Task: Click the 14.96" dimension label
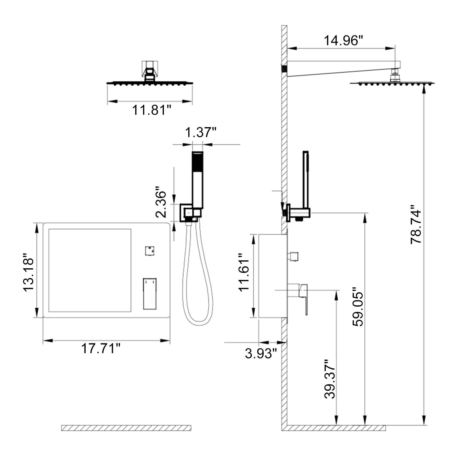coord(343,40)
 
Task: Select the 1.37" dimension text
coord(201,132)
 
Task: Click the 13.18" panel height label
coord(28,273)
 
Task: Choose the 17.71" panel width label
coord(101,348)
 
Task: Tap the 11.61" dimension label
coord(244,272)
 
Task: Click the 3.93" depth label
coord(261,353)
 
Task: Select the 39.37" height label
coord(330,379)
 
